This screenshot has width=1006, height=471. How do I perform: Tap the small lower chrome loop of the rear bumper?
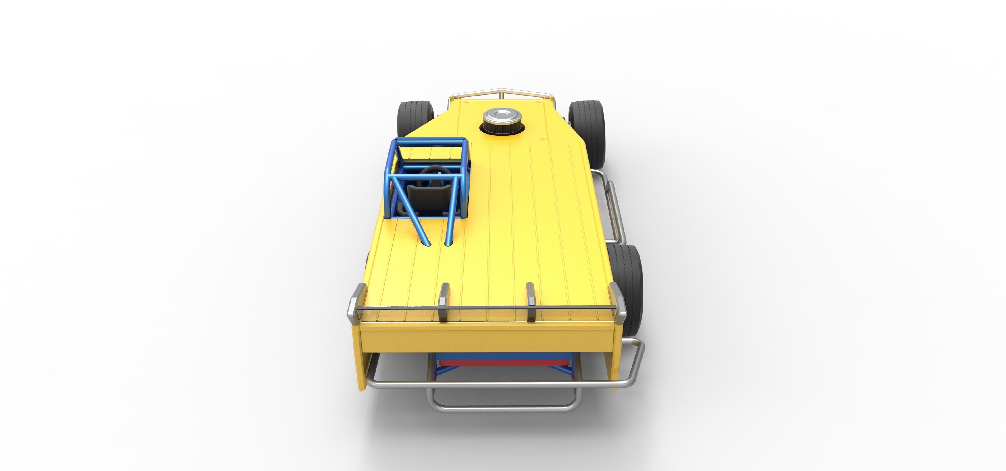[x=504, y=408]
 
